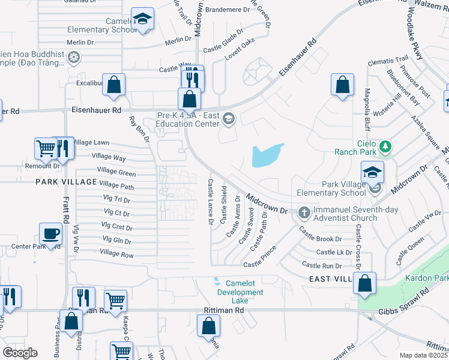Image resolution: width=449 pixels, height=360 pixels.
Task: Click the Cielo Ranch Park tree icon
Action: coord(385,146)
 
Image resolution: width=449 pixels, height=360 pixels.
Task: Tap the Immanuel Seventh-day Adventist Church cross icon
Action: coord(304,212)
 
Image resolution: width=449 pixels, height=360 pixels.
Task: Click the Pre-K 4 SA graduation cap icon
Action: coord(228,118)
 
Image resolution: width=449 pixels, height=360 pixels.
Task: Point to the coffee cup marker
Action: coord(50,233)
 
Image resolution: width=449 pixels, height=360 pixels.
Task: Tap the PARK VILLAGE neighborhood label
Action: coord(66,181)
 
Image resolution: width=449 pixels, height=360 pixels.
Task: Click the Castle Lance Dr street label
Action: coord(211,201)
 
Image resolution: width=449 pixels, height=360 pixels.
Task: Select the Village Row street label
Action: coord(117,254)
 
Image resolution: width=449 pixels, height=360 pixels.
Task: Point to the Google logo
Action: coord(20,353)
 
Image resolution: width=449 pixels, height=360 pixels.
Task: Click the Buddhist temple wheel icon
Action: coord(74,58)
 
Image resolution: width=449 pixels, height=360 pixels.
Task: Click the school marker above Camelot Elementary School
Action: coord(142,19)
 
